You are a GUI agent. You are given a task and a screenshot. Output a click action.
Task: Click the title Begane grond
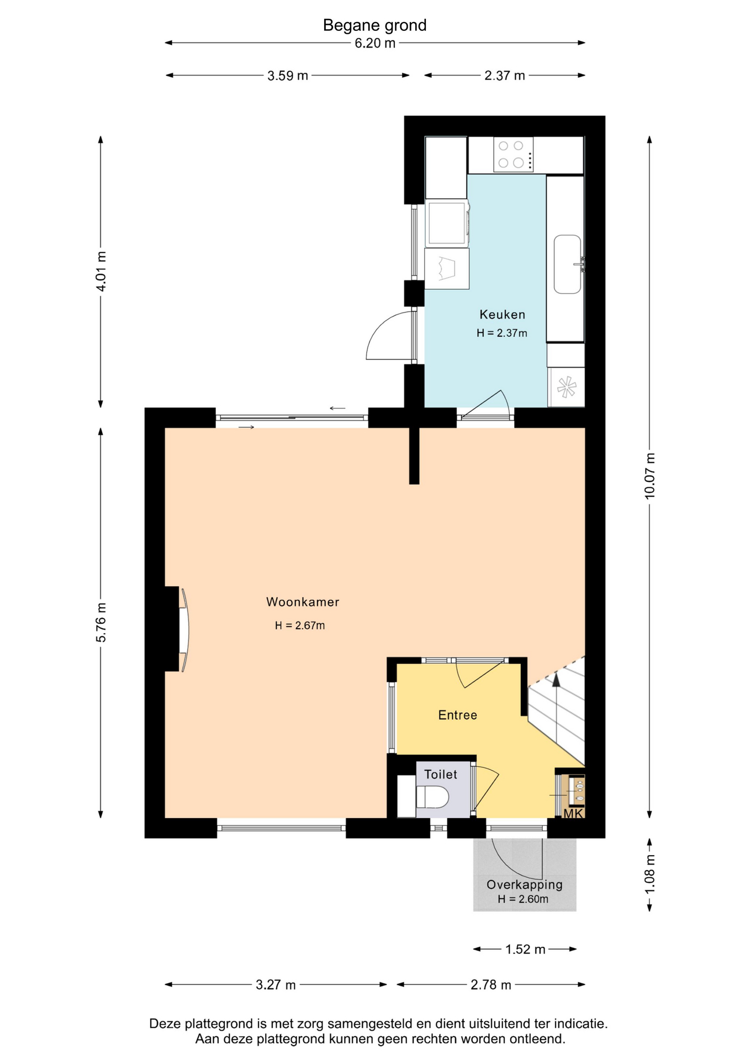point(374,25)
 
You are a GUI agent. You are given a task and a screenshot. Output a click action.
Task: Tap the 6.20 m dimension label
point(375,43)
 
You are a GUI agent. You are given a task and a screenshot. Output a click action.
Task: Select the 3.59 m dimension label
point(288,76)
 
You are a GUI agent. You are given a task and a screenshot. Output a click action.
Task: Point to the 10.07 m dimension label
point(649,476)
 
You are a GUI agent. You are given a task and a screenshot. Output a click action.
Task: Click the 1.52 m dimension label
point(525,949)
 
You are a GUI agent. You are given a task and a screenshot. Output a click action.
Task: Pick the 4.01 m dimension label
point(101,272)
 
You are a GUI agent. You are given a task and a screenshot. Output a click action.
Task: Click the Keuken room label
point(502,315)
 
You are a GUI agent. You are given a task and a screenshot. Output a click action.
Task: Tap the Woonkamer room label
point(303,602)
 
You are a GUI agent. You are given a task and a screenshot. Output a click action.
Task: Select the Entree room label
point(457,715)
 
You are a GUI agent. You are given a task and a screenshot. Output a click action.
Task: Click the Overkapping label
point(525,884)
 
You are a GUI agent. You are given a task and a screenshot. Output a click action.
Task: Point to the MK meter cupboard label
point(573,814)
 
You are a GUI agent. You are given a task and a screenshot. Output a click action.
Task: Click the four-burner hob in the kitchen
point(513,155)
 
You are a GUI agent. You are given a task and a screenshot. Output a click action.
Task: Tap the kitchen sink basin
point(568,264)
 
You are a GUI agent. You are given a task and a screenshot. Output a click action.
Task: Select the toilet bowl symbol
point(432,797)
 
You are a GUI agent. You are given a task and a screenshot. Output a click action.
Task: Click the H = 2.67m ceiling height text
point(300,626)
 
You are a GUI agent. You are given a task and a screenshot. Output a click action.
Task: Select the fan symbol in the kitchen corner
point(567,387)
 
